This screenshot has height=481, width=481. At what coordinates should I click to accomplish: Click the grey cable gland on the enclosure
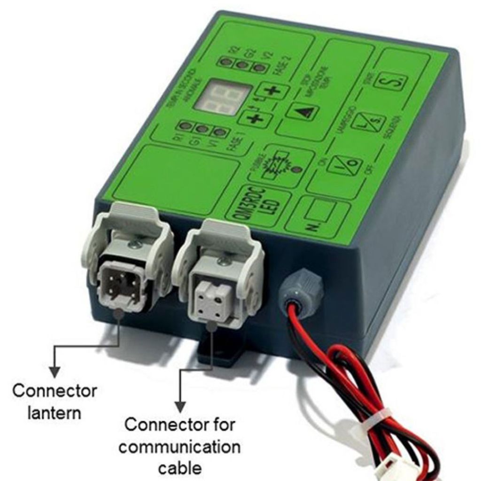click(301, 287)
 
